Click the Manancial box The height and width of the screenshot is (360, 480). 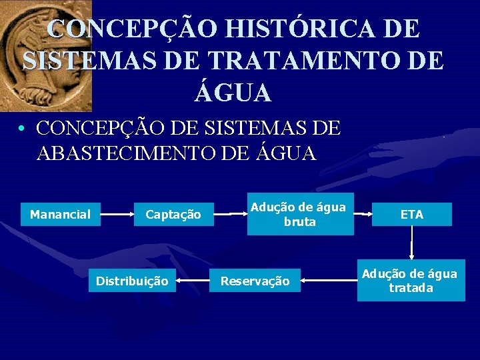click(x=61, y=215)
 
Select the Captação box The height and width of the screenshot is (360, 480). click(x=173, y=215)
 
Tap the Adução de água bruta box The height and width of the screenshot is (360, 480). click(x=300, y=215)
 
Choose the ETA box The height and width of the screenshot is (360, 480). click(x=412, y=215)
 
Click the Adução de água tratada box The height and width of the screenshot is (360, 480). click(x=411, y=281)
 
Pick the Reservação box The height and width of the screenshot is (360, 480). click(x=255, y=281)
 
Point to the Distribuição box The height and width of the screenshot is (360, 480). click(x=132, y=281)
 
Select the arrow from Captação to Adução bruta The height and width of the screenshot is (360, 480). click(x=231, y=215)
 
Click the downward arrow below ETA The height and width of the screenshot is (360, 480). click(x=412, y=243)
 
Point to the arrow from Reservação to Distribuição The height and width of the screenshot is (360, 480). click(x=194, y=281)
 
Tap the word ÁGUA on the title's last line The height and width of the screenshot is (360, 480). click(x=233, y=92)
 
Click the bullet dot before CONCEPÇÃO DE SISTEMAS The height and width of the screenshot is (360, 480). click(x=23, y=128)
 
